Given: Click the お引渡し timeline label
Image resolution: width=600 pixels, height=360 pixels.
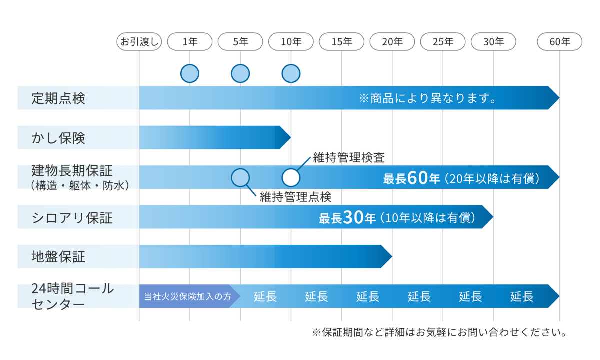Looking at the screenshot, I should (x=139, y=42).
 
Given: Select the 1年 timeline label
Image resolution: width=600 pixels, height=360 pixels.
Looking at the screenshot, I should (x=190, y=42).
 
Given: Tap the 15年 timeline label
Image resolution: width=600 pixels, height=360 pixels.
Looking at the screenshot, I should (x=342, y=42).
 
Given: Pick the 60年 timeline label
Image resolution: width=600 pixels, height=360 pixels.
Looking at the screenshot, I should (x=559, y=42).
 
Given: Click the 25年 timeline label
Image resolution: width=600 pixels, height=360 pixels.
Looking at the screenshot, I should (x=443, y=42).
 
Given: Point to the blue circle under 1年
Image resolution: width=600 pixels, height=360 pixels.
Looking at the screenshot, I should (x=190, y=73).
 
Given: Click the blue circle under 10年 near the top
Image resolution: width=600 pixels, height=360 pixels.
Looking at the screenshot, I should (x=291, y=73).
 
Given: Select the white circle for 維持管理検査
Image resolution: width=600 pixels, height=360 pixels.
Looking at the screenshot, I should (x=291, y=177).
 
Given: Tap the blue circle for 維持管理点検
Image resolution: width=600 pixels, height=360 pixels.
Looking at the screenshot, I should (x=240, y=177).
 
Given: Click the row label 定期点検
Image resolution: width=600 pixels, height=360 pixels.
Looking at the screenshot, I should (x=58, y=98).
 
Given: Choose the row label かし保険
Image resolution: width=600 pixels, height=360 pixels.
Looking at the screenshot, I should (x=58, y=138).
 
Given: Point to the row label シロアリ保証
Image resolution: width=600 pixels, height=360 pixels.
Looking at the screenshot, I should (x=72, y=218).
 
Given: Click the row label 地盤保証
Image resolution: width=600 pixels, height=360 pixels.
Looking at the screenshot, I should (x=58, y=257).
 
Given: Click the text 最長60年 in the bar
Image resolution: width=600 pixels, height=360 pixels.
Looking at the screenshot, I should (x=411, y=178).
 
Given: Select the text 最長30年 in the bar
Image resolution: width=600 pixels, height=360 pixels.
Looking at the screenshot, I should (x=347, y=218).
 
